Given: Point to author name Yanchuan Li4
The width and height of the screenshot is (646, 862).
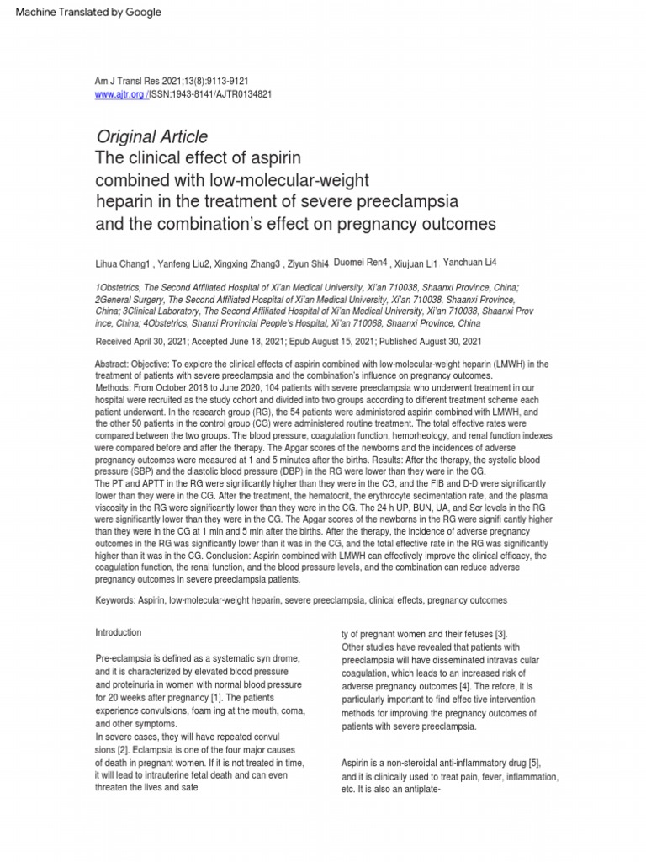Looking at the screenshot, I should (x=475, y=262).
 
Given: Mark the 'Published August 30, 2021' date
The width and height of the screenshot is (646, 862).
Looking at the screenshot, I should (x=430, y=342).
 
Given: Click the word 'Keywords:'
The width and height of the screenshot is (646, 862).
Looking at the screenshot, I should (x=119, y=600).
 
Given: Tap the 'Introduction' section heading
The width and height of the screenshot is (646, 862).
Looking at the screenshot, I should (x=119, y=632).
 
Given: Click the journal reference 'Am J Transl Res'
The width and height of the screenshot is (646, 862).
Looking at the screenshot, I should (x=127, y=81).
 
